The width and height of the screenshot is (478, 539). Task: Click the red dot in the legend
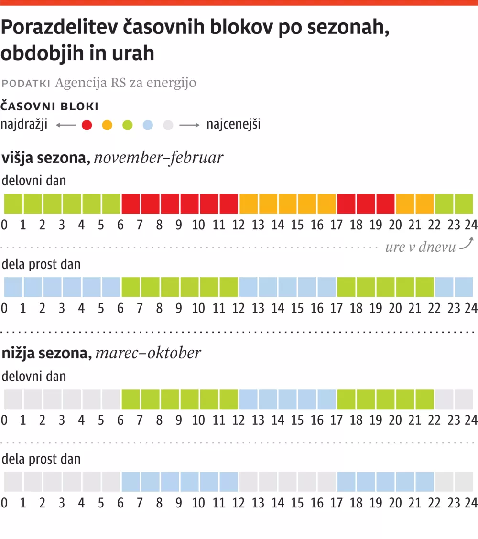click(x=87, y=125)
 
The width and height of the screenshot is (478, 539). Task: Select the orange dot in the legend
click(x=107, y=125)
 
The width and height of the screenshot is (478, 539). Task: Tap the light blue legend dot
click(x=148, y=125)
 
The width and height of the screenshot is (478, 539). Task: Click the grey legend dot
click(x=168, y=125)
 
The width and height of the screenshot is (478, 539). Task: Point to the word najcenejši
click(x=233, y=125)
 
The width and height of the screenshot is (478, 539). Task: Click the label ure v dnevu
click(x=420, y=248)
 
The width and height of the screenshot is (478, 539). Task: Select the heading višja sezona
click(x=46, y=157)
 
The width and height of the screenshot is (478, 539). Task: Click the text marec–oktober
click(x=148, y=353)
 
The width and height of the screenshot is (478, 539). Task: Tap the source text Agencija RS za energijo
click(x=126, y=83)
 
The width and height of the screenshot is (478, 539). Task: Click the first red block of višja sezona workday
click(x=131, y=204)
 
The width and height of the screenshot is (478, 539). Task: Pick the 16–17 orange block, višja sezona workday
click(x=326, y=204)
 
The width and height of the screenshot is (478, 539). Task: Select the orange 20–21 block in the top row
click(x=405, y=204)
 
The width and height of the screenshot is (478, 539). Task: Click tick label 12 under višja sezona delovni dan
click(x=238, y=225)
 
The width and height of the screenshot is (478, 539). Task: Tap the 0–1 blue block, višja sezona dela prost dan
click(x=13, y=287)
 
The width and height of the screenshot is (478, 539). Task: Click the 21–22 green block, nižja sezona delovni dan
click(x=424, y=399)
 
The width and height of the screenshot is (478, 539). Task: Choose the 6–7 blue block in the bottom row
click(x=131, y=482)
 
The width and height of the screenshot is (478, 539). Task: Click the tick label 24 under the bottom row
click(x=471, y=503)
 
